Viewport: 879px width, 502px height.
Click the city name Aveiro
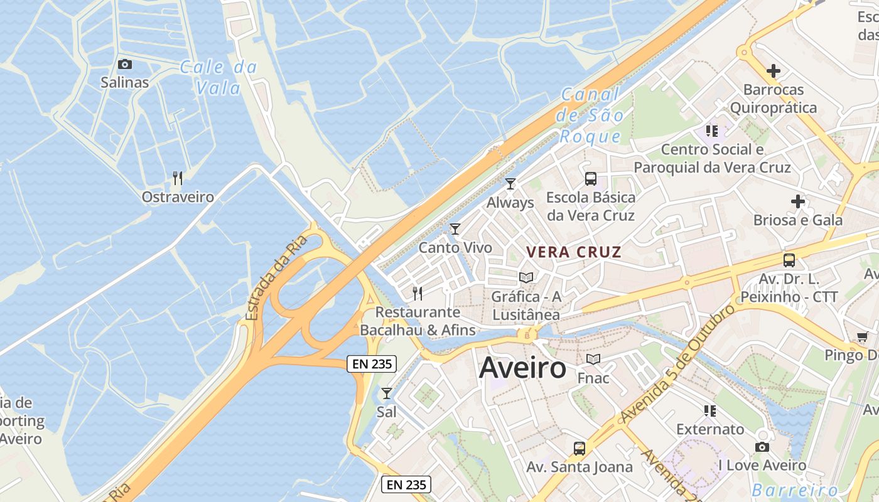click(x=522, y=368)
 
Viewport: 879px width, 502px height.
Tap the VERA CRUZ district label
click(x=574, y=252)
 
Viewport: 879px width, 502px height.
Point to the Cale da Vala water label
click(x=218, y=77)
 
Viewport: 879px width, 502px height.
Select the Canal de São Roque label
click(x=590, y=116)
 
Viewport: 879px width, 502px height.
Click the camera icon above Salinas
click(x=125, y=64)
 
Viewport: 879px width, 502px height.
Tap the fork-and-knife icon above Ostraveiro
click(x=178, y=179)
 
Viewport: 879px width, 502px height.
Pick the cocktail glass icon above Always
click(x=510, y=184)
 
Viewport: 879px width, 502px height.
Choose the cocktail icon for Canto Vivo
click(x=455, y=229)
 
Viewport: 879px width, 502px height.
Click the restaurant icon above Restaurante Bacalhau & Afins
click(x=418, y=293)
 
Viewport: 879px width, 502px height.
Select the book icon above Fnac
click(x=593, y=360)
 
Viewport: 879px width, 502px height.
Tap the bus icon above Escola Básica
click(x=591, y=179)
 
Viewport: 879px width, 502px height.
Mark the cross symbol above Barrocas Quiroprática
click(x=774, y=71)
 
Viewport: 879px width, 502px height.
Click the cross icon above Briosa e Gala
click(x=798, y=201)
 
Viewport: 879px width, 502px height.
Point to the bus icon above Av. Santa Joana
click(x=580, y=449)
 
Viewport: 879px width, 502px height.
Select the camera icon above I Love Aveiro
click(x=762, y=447)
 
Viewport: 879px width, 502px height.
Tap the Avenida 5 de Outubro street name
click(x=677, y=364)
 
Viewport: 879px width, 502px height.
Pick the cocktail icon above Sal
click(x=387, y=393)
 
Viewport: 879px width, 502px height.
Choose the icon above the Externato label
click(x=710, y=411)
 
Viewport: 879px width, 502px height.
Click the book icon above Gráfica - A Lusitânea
click(x=526, y=277)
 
